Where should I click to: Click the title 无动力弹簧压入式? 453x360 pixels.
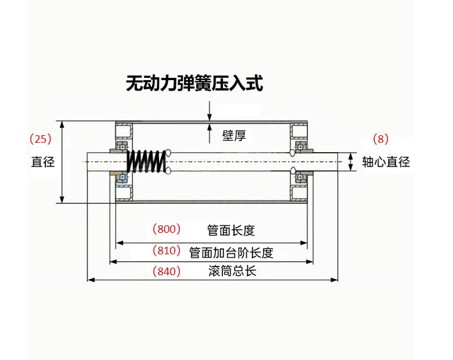coord(194,83)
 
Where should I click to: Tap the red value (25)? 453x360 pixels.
coord(41,139)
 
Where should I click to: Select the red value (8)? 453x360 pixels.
coord(380,139)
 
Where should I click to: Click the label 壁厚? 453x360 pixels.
coord(233,136)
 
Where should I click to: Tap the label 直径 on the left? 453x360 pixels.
coord(42,162)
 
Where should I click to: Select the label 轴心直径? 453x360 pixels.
coord(386,162)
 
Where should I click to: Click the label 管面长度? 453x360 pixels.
coord(231,231)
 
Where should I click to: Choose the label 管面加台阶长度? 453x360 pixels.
coord(231,253)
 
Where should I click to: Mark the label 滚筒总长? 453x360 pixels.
coord(232,271)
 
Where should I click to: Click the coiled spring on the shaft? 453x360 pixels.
coord(145,161)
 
